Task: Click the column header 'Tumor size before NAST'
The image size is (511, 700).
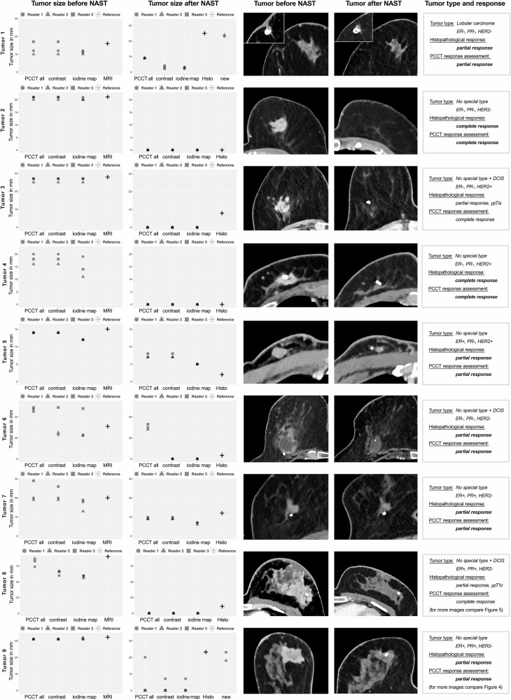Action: (68, 6)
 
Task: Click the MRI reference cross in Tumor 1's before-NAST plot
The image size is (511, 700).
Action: (108, 44)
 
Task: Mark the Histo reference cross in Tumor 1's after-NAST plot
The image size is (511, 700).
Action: (204, 34)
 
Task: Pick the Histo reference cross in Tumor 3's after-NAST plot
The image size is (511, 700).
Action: (221, 213)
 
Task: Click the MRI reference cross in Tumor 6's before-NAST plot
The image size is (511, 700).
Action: (108, 426)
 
